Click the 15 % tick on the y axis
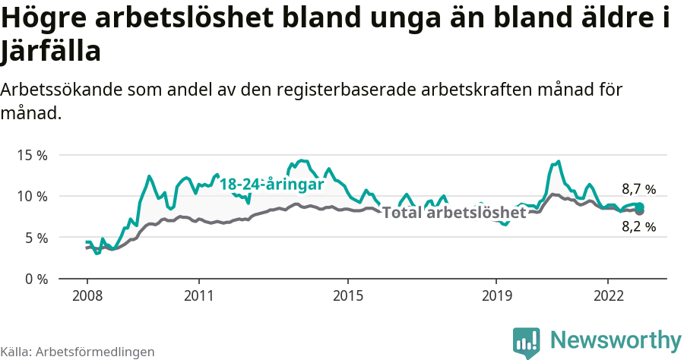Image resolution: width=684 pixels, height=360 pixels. pyautogui.click(x=32, y=155)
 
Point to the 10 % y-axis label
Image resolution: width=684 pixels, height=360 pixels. pyautogui.click(x=32, y=196)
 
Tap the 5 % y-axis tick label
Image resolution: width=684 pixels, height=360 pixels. pyautogui.click(x=35, y=238)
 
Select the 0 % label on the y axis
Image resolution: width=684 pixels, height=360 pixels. pyautogui.click(x=35, y=279)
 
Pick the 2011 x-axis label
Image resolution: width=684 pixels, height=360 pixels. pyautogui.click(x=198, y=295)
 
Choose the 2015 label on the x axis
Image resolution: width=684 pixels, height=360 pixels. pyautogui.click(x=347, y=295)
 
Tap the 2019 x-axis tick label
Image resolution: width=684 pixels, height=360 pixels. pyautogui.click(x=496, y=295)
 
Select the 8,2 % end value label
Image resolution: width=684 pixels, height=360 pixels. pyautogui.click(x=638, y=226)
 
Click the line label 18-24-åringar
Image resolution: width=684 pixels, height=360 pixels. pyautogui.click(x=271, y=185)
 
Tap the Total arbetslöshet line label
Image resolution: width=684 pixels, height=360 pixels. pyautogui.click(x=454, y=213)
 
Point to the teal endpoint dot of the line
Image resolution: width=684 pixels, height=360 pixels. pyautogui.click(x=640, y=207)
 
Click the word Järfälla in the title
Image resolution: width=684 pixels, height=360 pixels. pyautogui.click(x=51, y=52)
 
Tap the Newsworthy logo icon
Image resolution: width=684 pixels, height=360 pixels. pyautogui.click(x=526, y=342)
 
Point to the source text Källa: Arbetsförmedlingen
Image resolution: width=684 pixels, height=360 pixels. pyautogui.click(x=78, y=352)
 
